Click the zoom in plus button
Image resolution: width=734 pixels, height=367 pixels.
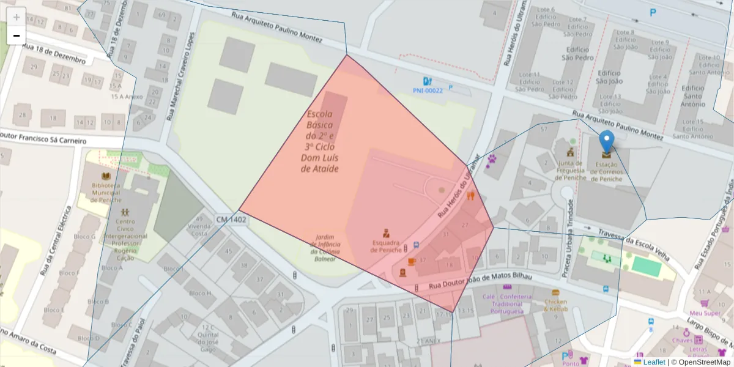pyautogui.click(x=17, y=17)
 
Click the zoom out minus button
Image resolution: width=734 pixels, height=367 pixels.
pyautogui.click(x=17, y=35)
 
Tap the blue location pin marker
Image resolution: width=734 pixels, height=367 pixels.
pyautogui.click(x=606, y=143)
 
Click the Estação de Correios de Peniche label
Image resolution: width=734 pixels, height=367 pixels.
pyautogui.click(x=606, y=171)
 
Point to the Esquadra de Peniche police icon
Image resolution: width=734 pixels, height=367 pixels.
pyautogui.click(x=386, y=233)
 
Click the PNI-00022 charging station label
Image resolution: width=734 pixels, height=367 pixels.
pyautogui.click(x=428, y=91)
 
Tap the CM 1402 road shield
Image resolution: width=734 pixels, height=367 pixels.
pyautogui.click(x=231, y=219)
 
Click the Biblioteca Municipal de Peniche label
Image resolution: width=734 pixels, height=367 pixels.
pyautogui.click(x=106, y=192)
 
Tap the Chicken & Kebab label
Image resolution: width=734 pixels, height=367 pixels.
pyautogui.click(x=555, y=305)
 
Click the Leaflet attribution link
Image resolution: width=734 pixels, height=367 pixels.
pyautogui.click(x=653, y=362)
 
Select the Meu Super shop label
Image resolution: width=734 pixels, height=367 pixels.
pyautogui.click(x=705, y=313)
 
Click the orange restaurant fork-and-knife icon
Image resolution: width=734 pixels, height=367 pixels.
pyautogui.click(x=470, y=196)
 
